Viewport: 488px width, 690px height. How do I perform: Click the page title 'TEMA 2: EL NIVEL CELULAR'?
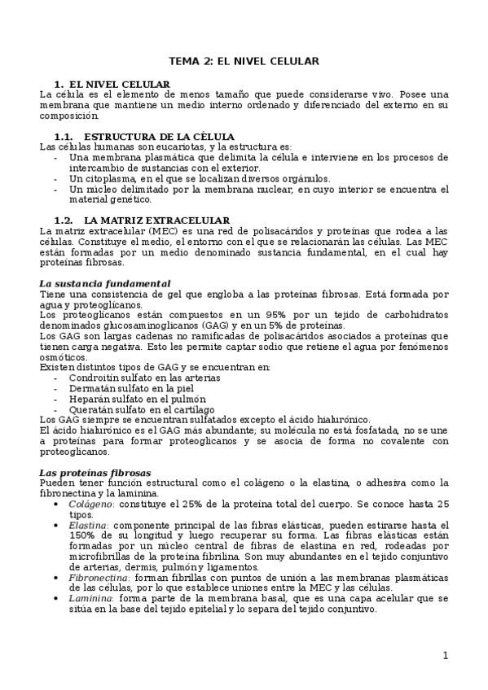click(244, 61)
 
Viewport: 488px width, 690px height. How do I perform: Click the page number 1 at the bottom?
click(446, 656)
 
